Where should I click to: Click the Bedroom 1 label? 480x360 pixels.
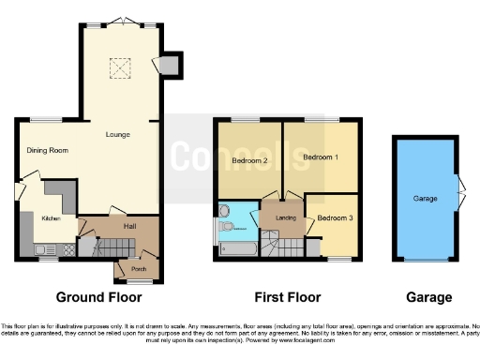[320, 157]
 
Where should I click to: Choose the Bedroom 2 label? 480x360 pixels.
[250, 161]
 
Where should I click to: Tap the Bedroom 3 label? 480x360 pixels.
[335, 218]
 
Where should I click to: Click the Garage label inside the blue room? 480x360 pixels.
[426, 199]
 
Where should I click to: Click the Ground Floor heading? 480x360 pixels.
[98, 297]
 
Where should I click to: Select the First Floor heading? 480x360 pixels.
[286, 297]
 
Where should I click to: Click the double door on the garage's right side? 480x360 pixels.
[458, 192]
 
